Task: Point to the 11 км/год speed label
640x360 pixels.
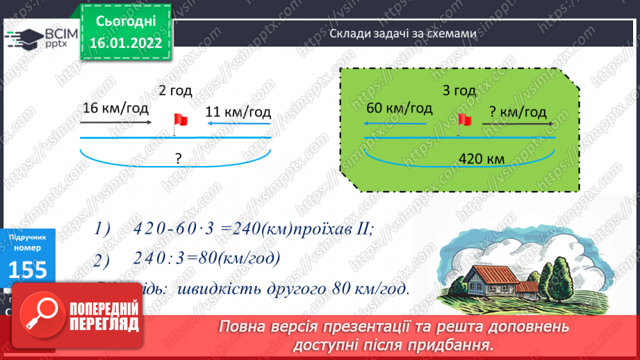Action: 238,111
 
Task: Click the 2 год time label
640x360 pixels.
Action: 175,91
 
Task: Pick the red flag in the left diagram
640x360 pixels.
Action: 180,120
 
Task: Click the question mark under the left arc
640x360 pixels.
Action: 179,158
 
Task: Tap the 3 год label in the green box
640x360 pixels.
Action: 459,90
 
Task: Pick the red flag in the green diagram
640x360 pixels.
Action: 464,120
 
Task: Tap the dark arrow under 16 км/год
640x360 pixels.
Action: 115,122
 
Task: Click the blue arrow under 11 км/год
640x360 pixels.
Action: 240,124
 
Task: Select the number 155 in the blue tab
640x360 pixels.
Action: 28,269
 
